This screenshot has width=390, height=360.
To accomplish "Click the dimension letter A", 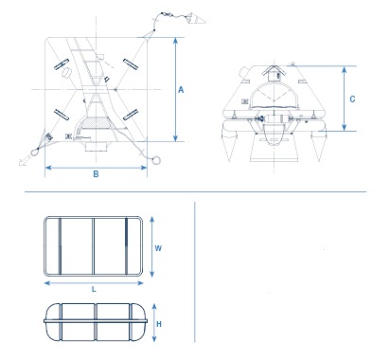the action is point(181,90).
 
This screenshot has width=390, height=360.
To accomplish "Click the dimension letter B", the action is point(96,174).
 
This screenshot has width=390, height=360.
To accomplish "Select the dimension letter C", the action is point(352,99).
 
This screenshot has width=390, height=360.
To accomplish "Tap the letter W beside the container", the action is point(158,248).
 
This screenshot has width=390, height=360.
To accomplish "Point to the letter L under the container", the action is point(94,289).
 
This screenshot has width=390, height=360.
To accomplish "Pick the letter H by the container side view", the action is point(159,324).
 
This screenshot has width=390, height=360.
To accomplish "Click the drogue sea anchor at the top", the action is point(196,19).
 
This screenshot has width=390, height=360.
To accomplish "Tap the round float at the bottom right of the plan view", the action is point(156,160).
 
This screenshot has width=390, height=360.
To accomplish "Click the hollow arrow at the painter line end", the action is point(23,162).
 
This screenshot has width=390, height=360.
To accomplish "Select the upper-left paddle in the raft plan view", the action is point(62,64).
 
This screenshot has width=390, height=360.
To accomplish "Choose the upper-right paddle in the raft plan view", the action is point(131,64).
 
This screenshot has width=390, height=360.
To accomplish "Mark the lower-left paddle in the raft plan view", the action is point(62,115).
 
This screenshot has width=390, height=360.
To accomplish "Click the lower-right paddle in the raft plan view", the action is point(131,115).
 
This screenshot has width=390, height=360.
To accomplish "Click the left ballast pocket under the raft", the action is point(229,141).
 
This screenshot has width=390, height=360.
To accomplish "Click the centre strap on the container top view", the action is point(94,246).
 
